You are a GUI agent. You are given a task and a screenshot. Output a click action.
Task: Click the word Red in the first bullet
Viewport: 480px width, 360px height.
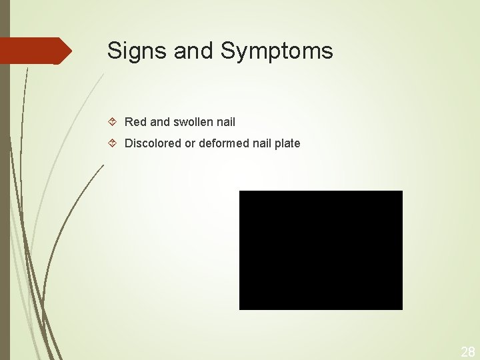point(135,122)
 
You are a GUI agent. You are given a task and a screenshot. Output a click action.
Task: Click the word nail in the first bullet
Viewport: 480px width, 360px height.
point(226,122)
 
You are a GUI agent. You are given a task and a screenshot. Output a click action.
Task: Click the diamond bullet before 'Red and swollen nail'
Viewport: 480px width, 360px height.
point(113,122)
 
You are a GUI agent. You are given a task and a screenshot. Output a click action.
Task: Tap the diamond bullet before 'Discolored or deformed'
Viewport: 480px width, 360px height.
point(113,143)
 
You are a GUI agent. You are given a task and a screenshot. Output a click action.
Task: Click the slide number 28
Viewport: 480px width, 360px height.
point(468,352)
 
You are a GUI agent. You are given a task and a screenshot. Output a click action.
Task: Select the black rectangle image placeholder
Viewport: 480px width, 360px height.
point(321,250)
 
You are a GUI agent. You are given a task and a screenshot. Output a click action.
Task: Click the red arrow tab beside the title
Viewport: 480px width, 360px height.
point(33,51)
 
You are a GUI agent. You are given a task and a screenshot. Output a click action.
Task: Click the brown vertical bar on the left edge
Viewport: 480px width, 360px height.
point(5,200)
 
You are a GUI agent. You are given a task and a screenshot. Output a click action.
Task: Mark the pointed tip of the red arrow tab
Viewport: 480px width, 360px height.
point(71,51)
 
